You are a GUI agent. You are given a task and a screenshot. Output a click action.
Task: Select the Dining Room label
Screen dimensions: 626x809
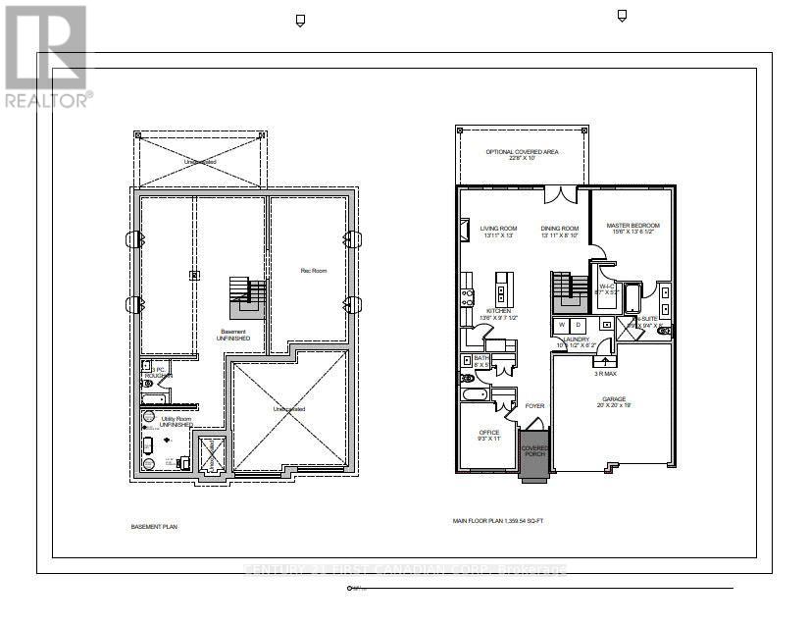[x=558, y=233]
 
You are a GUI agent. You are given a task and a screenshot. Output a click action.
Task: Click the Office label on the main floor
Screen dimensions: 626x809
[x=488, y=436]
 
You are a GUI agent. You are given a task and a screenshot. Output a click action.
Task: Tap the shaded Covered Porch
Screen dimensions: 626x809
[x=535, y=454]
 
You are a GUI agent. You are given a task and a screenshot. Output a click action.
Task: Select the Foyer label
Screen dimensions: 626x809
[x=534, y=405]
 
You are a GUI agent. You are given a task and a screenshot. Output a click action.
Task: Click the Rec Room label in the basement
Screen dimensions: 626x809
[x=313, y=270]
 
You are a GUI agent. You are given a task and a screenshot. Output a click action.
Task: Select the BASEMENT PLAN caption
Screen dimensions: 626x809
[x=154, y=527]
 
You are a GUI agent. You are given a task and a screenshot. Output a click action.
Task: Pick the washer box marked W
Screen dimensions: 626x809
[x=562, y=325]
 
